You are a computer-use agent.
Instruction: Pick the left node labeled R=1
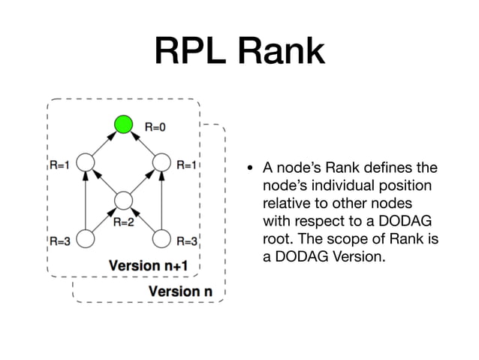tap(85, 162)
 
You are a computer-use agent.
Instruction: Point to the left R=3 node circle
tap(85, 239)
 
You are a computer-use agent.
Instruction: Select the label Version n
tap(174, 291)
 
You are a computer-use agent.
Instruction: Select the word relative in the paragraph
tap(285, 204)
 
